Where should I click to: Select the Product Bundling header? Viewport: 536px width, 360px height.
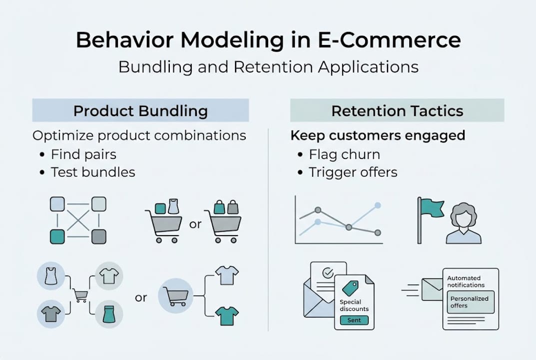[x=140, y=110]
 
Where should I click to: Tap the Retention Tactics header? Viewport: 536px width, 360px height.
[x=397, y=110]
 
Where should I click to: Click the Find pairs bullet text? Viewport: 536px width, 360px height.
[x=83, y=154]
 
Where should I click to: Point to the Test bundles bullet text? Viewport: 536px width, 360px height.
[x=93, y=172]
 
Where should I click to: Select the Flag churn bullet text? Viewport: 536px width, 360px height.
[x=344, y=154]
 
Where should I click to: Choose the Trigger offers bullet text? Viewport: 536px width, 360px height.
[x=353, y=172]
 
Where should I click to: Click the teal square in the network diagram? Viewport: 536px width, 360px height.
[x=57, y=236]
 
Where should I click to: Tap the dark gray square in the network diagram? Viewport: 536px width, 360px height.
[x=98, y=236]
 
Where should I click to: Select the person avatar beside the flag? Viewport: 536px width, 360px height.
[x=464, y=223]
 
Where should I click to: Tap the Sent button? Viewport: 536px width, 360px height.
[x=354, y=320]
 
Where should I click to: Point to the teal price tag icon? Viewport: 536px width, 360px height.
[x=350, y=288]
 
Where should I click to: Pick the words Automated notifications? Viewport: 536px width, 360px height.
[x=466, y=281]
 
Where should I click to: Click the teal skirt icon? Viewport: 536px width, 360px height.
[x=109, y=314]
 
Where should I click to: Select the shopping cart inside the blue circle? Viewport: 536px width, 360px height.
[x=175, y=296]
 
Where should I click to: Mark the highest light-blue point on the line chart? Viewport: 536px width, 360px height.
[x=378, y=205]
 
